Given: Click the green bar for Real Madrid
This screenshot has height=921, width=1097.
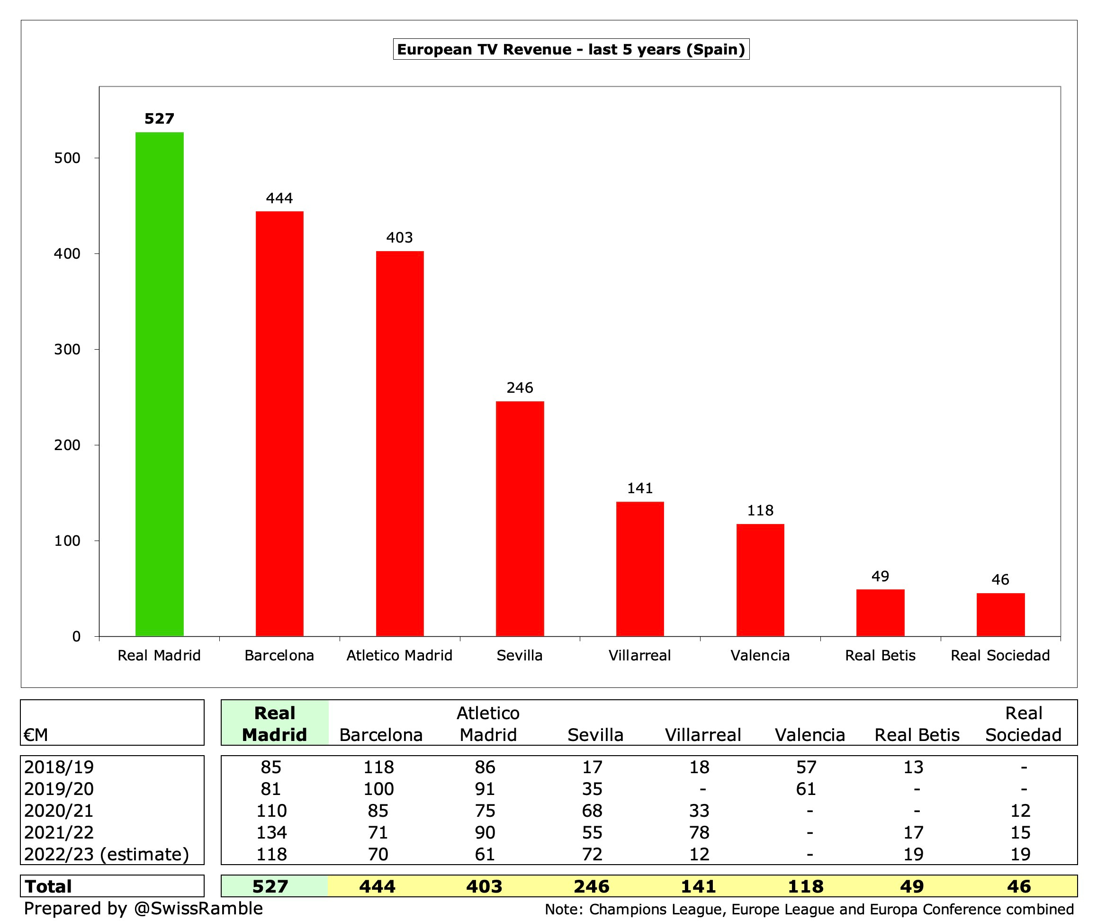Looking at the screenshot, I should [159, 384].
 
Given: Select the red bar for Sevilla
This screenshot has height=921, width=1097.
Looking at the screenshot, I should [520, 518].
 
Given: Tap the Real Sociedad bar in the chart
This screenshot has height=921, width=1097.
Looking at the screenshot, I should [1000, 614].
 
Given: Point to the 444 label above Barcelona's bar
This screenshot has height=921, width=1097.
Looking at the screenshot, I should [279, 198].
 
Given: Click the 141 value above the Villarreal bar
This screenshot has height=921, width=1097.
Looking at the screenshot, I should [640, 488].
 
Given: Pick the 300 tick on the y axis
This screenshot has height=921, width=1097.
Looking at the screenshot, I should [67, 349].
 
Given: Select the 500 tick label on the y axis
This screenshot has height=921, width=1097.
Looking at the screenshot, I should [67, 158].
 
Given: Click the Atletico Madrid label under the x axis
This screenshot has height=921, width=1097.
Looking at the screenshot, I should [400, 655].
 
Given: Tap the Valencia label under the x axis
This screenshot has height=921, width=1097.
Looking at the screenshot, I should [760, 655].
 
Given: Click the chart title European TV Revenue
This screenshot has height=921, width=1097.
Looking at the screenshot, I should [571, 49].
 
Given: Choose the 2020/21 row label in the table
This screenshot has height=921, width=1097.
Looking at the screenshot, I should [59, 810].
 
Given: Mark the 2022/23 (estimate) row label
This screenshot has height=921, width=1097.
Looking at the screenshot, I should [107, 854].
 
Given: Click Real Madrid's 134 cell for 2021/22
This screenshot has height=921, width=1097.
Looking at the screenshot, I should [271, 832].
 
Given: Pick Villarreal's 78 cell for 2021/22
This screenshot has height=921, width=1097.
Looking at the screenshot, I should [700, 832].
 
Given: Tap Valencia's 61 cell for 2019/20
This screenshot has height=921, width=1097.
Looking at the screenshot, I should [806, 788].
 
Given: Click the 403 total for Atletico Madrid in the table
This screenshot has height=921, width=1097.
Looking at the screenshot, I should [484, 886].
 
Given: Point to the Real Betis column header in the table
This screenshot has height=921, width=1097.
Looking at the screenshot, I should [917, 734].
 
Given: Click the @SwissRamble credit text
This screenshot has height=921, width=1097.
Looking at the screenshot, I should [198, 908].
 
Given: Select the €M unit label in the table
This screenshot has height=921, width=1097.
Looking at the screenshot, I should [36, 734].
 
